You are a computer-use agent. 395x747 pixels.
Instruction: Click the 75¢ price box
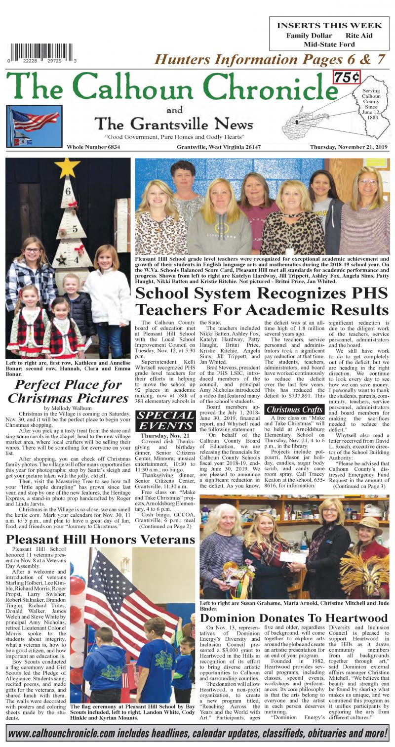pos(346,78)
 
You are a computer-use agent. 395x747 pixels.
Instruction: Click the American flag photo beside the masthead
pos(34,126)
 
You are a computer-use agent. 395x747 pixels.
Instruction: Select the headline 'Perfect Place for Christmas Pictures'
pos(68,391)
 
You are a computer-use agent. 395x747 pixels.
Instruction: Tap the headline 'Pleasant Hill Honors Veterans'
pos(101,539)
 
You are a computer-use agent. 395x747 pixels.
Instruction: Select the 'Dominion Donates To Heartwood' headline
pos(294,618)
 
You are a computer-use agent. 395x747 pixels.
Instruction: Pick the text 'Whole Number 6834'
pos(94,147)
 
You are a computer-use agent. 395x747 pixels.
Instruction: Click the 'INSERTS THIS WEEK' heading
pos(329,25)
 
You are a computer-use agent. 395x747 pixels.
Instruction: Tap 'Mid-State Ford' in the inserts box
pos(329,44)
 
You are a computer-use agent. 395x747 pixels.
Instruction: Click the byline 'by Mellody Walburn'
pos(68,408)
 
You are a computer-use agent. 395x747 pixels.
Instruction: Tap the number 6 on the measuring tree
pos(68,193)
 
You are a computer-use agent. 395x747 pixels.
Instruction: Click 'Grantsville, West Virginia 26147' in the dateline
pos(219,147)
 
